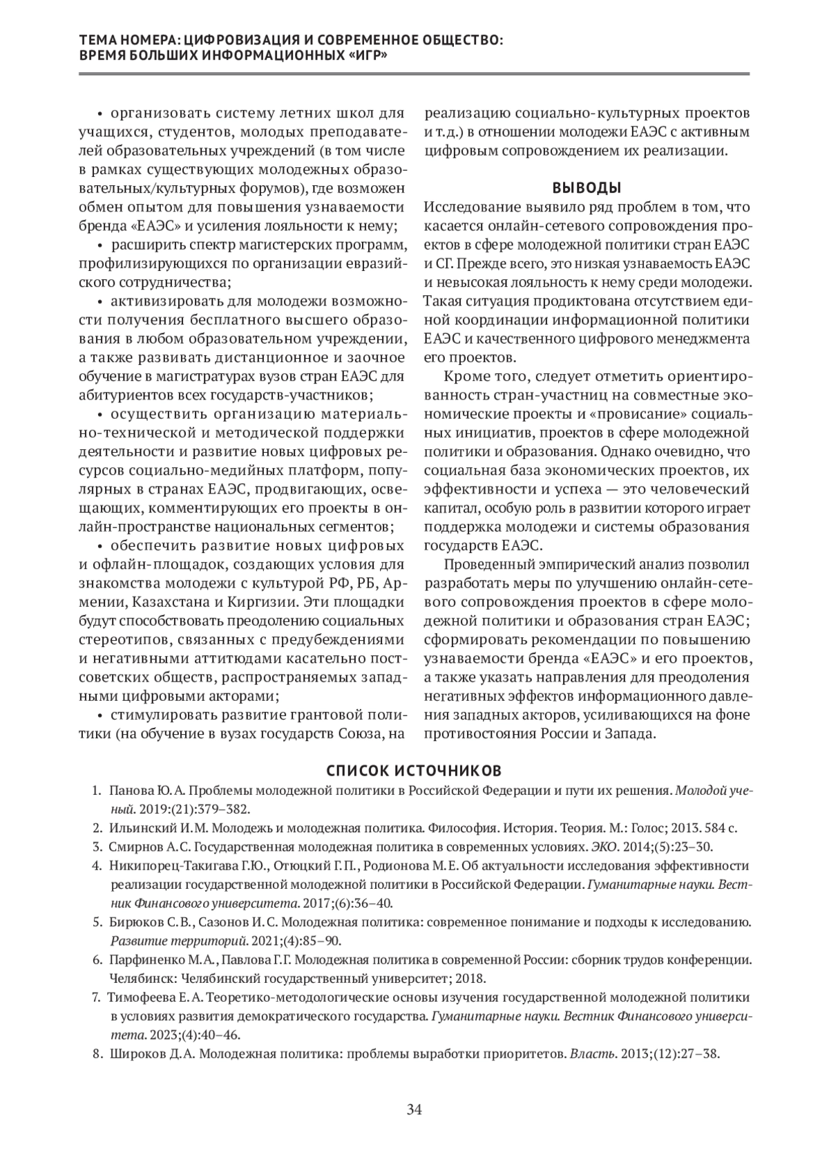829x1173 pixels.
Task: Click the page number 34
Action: click(414, 1110)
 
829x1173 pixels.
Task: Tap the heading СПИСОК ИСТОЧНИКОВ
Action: click(414, 770)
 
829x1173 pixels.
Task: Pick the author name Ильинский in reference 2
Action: click(135, 827)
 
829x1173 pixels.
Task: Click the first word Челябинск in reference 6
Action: click(138, 978)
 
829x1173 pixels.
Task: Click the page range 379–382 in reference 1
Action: click(224, 809)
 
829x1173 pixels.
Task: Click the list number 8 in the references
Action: click(97, 1054)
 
